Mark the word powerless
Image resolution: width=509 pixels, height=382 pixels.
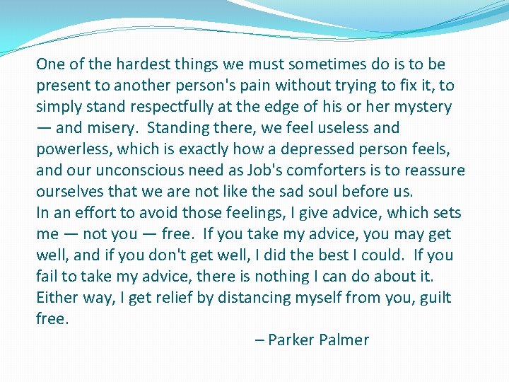pyautogui.click(x=73, y=149)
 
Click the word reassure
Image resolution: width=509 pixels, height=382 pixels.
pyautogui.click(x=433, y=170)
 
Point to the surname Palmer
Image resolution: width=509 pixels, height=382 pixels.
pyautogui.click(x=344, y=340)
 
